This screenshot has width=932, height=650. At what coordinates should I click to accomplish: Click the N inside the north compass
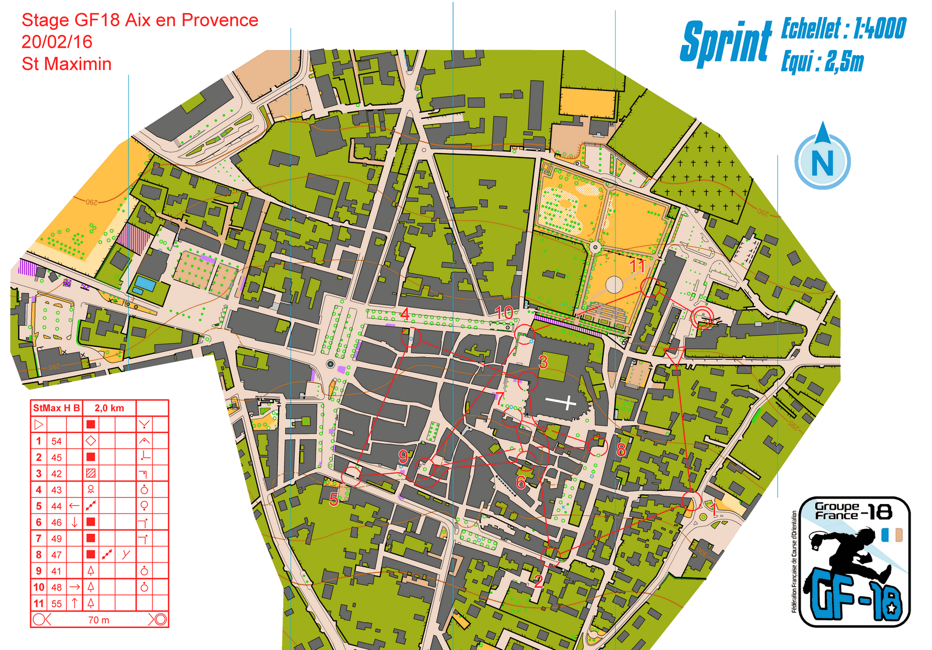click(x=822, y=162)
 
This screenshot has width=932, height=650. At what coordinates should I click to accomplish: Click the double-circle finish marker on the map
click(x=702, y=318)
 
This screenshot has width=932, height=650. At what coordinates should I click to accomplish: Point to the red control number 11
click(x=637, y=266)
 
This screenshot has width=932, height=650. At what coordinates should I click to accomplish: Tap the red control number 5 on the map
click(x=334, y=499)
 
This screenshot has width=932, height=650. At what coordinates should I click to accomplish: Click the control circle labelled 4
click(x=411, y=337)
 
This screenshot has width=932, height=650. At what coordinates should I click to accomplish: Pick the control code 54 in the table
click(x=57, y=441)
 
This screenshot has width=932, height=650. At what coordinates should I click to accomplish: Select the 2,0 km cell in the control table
click(x=109, y=408)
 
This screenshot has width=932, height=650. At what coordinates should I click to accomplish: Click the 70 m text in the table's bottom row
click(x=98, y=620)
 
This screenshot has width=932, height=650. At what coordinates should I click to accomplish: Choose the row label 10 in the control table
click(x=38, y=587)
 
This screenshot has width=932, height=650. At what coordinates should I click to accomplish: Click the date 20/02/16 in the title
click(x=57, y=42)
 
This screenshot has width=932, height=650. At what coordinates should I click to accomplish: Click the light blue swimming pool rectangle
click(x=145, y=284)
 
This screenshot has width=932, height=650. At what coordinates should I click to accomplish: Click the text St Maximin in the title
click(x=67, y=64)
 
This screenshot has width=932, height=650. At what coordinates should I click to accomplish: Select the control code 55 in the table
click(x=57, y=604)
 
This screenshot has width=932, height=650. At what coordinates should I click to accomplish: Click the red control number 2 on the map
click(x=538, y=581)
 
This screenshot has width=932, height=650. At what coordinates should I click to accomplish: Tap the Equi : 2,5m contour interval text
click(x=822, y=62)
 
